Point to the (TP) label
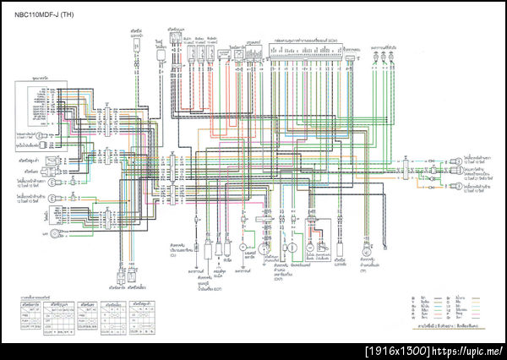coord(363,271)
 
